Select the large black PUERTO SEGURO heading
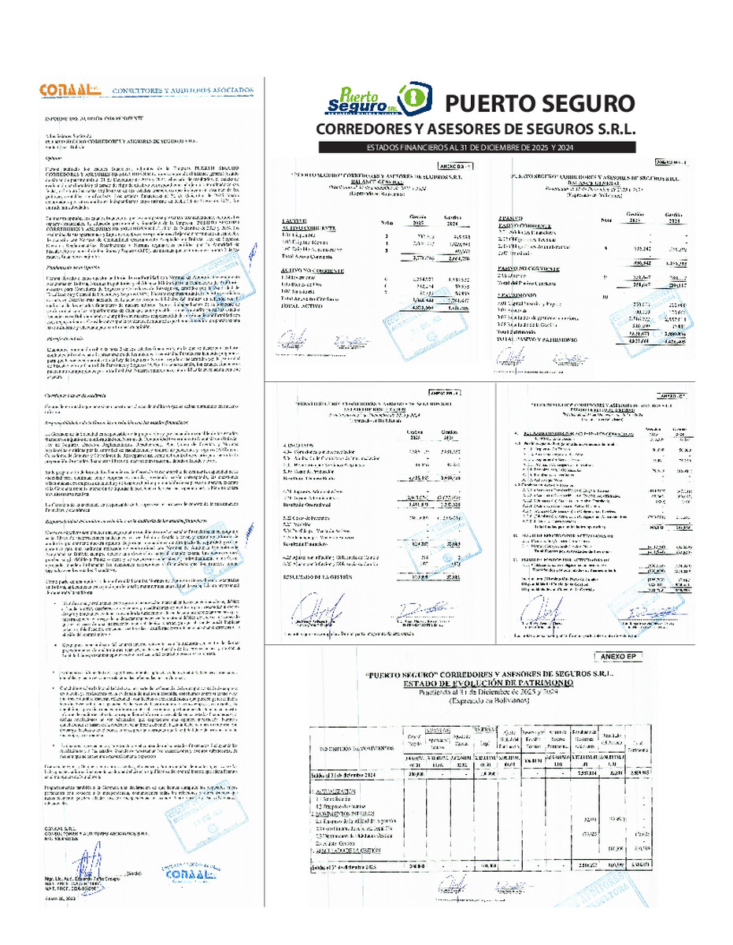click(x=539, y=103)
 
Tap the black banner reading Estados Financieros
click(x=476, y=148)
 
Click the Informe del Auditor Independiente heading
click(x=83, y=117)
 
